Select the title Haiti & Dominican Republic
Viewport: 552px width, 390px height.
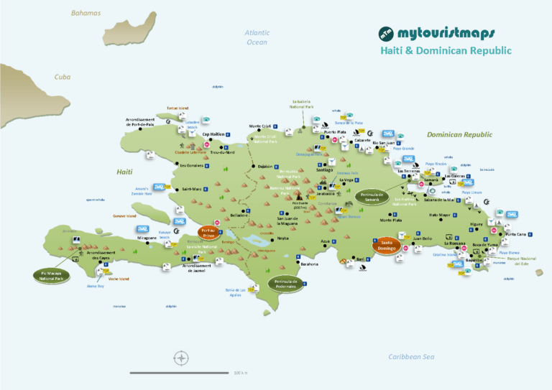446,51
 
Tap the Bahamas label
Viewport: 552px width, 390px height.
86,13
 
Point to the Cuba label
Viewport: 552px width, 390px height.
63,77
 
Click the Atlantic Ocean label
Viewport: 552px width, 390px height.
257,37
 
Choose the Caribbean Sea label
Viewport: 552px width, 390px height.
412,357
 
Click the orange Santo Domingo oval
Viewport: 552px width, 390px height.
386,245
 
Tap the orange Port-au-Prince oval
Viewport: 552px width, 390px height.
208,233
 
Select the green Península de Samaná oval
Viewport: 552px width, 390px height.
371,196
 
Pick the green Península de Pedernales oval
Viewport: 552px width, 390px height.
286,283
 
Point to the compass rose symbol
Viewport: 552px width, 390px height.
182,358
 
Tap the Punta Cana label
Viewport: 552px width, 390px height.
515,234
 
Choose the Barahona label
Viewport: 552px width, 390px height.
309,264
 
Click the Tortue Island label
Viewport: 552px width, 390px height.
177,108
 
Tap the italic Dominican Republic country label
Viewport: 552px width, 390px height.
459,134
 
